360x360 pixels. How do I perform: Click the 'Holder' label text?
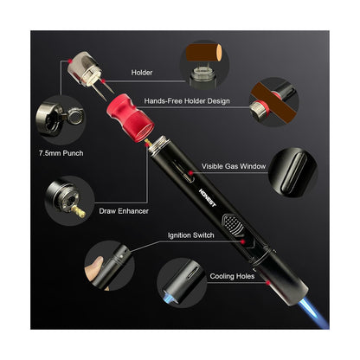click(x=142, y=73)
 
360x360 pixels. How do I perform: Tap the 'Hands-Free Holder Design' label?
click(x=187, y=101)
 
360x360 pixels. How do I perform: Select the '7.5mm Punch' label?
click(x=61, y=153)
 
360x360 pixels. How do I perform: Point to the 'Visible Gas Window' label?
click(x=234, y=166)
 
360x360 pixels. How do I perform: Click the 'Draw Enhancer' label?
click(x=124, y=211)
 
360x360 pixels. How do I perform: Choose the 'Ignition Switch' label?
click(x=191, y=235)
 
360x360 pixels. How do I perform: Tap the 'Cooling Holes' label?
click(x=232, y=276)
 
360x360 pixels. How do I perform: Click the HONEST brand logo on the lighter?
click(x=207, y=197)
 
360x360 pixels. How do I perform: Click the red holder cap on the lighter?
click(x=131, y=118)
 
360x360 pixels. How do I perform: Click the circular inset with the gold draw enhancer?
click(x=70, y=201)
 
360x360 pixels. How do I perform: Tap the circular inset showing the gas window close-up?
click(x=292, y=172)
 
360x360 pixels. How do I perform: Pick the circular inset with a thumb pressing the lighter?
click(x=109, y=266)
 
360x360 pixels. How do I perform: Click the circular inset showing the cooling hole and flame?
click(x=182, y=283)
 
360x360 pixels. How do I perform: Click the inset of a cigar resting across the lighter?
click(x=274, y=102)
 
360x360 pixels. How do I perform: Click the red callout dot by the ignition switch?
click(x=243, y=241)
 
